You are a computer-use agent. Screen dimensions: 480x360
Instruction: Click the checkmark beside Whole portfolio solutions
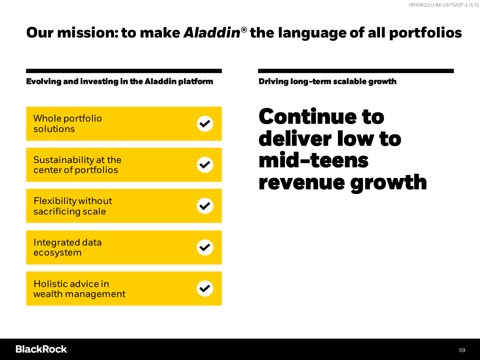point(205,123)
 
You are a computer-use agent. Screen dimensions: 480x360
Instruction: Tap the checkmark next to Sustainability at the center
point(205,164)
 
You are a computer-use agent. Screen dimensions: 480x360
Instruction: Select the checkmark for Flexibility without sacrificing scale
point(205,205)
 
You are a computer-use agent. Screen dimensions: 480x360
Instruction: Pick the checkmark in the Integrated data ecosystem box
point(205,247)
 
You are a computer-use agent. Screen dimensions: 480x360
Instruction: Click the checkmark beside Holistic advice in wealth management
point(205,288)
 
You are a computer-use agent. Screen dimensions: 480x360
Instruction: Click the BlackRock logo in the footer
point(42,349)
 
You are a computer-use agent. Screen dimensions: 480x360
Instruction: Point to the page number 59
point(462,350)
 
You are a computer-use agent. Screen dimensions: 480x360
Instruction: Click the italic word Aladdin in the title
point(212,32)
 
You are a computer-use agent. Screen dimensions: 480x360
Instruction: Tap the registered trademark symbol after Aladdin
point(244,29)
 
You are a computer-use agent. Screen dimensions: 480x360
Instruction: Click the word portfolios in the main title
point(425,33)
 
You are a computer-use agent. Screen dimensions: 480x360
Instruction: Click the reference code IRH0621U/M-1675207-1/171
point(444,4)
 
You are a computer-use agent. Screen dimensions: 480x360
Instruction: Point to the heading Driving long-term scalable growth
point(327,81)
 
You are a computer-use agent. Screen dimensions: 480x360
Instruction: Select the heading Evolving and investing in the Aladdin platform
point(119,81)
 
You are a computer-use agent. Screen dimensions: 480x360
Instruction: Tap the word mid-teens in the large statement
point(313,160)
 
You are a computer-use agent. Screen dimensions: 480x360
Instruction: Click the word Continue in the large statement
point(307,116)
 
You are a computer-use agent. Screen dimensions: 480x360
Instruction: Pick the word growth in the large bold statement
point(388,183)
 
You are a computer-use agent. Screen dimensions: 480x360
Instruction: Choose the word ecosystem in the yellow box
point(57,253)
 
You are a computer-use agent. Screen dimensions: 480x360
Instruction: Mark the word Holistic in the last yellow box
point(50,284)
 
